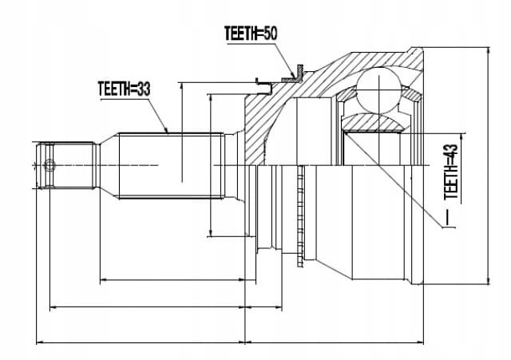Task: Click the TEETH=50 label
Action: (251, 34)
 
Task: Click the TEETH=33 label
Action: (125, 89)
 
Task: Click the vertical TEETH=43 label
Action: (451, 172)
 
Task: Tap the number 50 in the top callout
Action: (270, 34)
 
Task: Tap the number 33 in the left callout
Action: (143, 89)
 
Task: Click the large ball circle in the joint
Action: (378, 89)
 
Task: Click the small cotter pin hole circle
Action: (50, 165)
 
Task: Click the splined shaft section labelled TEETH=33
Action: (172, 165)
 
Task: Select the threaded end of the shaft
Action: (68, 165)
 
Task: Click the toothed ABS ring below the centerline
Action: (300, 216)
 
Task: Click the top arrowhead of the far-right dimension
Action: (488, 51)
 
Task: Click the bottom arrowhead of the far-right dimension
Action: (488, 280)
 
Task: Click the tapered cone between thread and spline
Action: (109, 165)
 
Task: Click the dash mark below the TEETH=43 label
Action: (450, 217)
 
